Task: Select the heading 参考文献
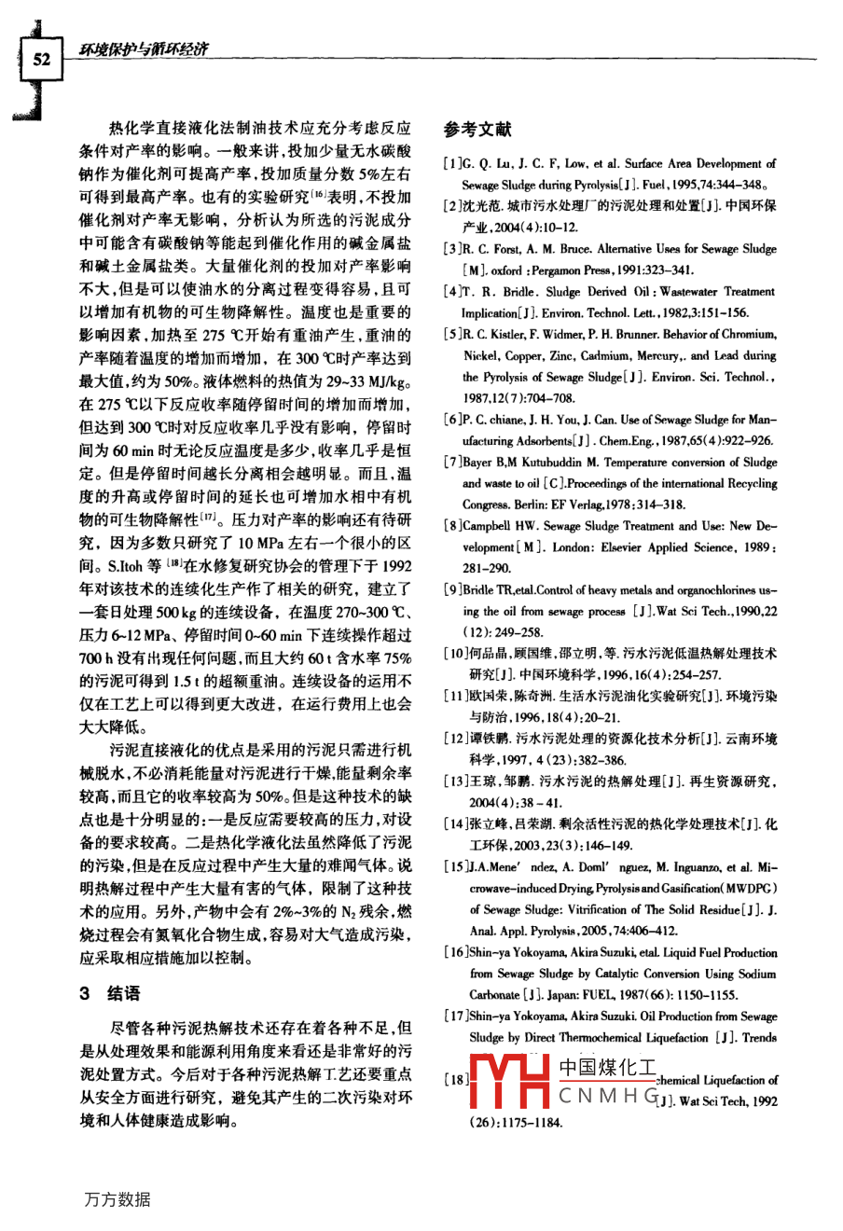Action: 477,130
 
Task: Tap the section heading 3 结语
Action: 110,993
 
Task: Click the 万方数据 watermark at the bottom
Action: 117,1199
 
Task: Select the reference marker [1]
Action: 453,164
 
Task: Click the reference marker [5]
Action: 453,334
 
